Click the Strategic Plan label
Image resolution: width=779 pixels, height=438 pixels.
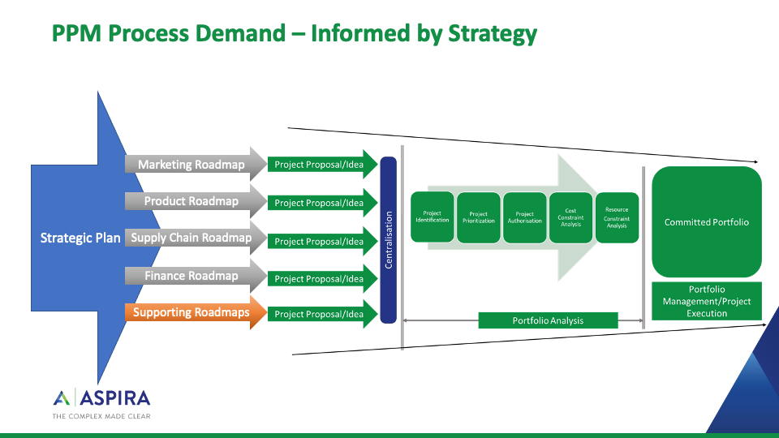coord(80,238)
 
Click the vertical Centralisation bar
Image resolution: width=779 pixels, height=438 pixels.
coord(388,239)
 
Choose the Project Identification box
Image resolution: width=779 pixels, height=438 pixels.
coord(433,217)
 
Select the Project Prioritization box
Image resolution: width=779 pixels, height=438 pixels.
coord(479,217)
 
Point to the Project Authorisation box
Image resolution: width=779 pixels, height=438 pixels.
coord(525,217)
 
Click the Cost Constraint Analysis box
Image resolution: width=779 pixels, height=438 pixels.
coord(571,217)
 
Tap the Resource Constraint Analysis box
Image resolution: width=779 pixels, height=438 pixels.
coord(617,217)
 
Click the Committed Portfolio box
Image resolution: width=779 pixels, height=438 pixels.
coord(707,222)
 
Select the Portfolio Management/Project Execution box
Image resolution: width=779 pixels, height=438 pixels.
coord(707,301)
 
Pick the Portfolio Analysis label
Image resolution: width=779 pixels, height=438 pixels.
coord(548,320)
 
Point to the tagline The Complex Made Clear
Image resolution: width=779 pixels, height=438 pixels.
coord(101,417)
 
